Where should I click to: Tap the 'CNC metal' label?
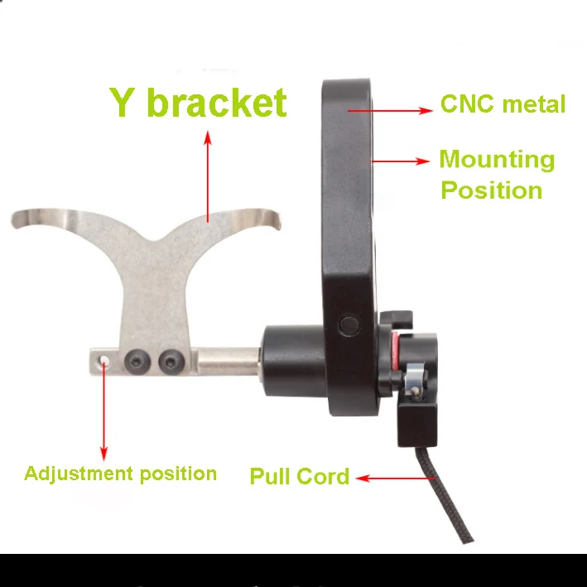point(502,105)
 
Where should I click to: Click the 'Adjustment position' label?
point(121,474)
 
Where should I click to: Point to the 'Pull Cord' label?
point(299,476)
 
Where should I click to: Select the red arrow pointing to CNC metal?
point(389,109)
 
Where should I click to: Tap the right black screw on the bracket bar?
point(170,360)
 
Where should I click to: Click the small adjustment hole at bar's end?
point(102,360)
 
